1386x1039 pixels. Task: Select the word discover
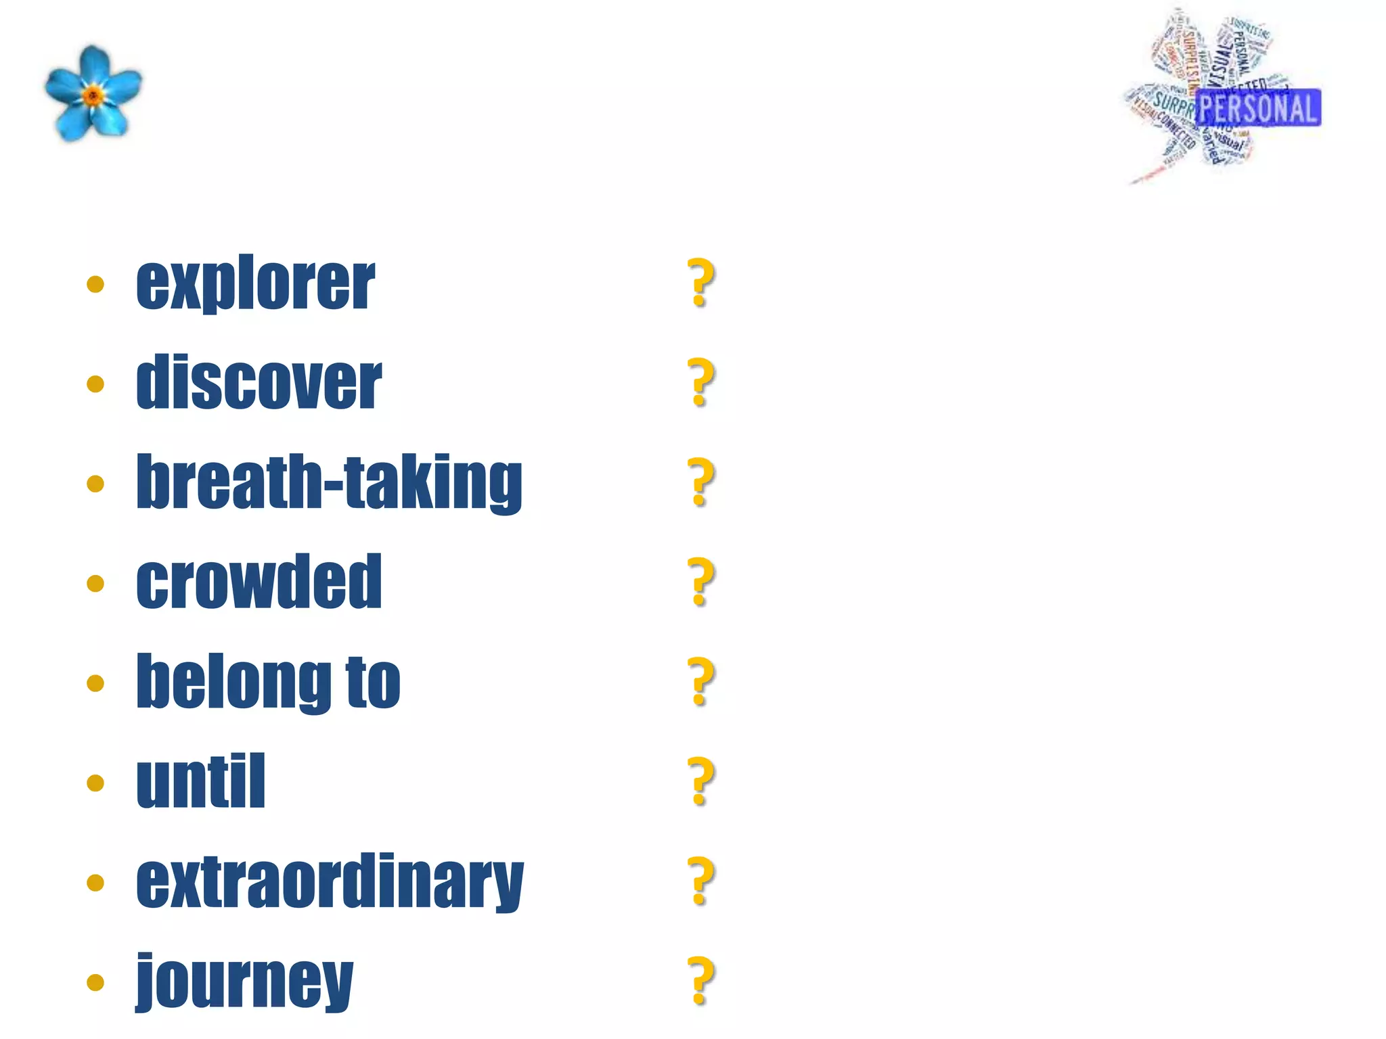[259, 382]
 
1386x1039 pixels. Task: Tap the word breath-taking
[329, 482]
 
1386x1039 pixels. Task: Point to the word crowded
[259, 581]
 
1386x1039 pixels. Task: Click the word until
[200, 781]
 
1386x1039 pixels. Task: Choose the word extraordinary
[330, 881]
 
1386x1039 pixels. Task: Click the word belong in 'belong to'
[233, 682]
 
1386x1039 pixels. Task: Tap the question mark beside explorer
[701, 283]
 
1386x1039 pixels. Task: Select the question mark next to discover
[701, 382]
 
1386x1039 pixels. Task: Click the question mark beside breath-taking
[701, 482]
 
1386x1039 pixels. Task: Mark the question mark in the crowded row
[701, 581]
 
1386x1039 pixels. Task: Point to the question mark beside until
[701, 781]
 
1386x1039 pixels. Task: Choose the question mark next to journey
[701, 980]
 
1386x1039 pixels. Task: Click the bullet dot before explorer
[95, 284]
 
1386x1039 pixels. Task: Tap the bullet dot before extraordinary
[95, 883]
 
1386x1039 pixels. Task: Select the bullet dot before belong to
[95, 683]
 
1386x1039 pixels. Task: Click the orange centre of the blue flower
[93, 95]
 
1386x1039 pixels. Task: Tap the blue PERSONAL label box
[1259, 108]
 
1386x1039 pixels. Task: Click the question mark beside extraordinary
[701, 881]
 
